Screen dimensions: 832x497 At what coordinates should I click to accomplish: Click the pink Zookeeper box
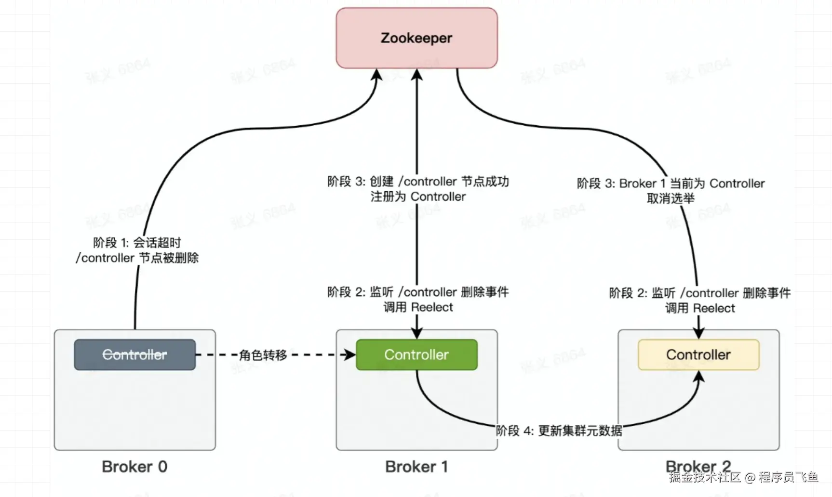(416, 38)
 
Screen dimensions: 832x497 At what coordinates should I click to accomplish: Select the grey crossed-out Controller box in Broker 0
(135, 355)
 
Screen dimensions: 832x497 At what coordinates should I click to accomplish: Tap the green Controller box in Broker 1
(416, 355)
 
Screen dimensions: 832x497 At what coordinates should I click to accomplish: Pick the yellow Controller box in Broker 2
(698, 355)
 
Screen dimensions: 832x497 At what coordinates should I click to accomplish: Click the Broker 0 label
(134, 467)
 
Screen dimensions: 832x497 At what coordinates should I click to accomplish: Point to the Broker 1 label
(416, 467)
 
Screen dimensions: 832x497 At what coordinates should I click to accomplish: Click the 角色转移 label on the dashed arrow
(263, 355)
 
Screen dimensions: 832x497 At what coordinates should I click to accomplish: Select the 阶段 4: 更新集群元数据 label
(559, 431)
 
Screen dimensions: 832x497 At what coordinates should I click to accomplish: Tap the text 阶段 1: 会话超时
(137, 243)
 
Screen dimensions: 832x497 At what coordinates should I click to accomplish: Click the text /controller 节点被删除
(137, 258)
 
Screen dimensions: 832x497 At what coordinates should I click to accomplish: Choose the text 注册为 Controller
(418, 196)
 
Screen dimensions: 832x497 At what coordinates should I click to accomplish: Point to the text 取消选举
(671, 198)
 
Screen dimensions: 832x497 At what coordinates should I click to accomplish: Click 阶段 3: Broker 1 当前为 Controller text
(671, 183)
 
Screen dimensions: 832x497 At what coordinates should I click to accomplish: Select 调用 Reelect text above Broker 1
(418, 307)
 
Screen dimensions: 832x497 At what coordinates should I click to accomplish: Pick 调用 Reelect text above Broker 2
(700, 308)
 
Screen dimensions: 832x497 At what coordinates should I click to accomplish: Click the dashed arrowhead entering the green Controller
(349, 355)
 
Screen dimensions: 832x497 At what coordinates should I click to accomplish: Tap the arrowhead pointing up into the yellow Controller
(698, 377)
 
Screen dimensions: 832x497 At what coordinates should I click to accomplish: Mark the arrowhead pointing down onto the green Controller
(417, 333)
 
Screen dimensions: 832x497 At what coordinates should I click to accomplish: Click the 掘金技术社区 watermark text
(704, 477)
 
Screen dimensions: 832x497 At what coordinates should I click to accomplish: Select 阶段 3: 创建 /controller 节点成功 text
(418, 182)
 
